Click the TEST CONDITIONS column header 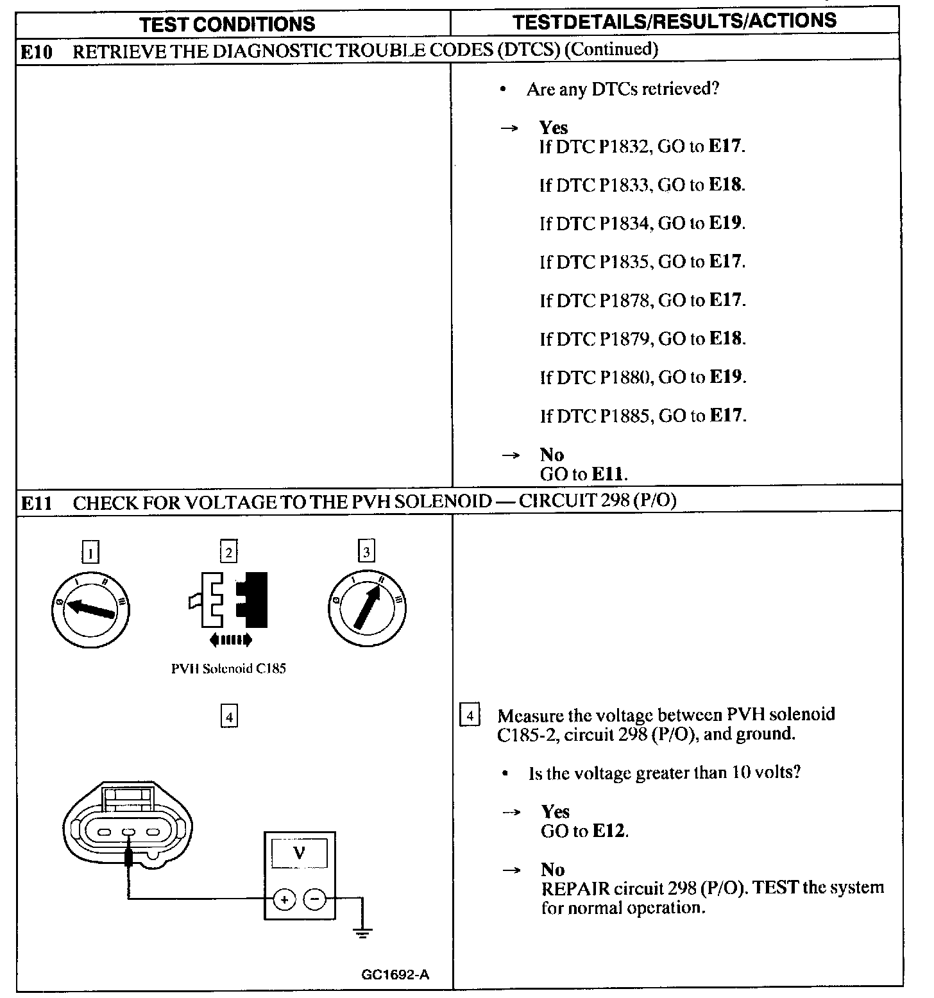click(x=228, y=24)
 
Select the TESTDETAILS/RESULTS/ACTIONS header click(x=675, y=21)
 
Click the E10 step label click(x=36, y=51)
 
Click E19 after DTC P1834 click(x=726, y=223)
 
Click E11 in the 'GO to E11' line click(x=607, y=475)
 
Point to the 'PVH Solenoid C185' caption click(x=228, y=668)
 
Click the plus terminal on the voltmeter click(x=284, y=900)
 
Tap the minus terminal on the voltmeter click(x=314, y=900)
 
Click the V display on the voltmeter click(x=299, y=854)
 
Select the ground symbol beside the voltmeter click(x=363, y=931)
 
